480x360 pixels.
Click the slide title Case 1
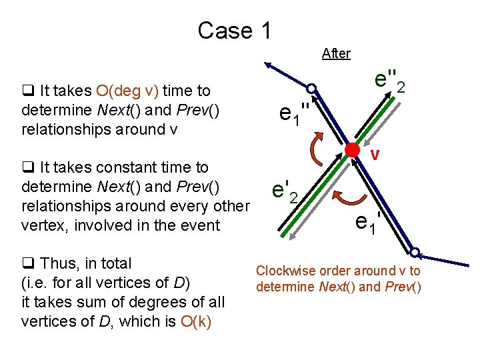click(235, 31)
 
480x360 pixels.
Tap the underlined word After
click(336, 53)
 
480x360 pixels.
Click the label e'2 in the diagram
click(289, 192)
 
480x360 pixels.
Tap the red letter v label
click(375, 155)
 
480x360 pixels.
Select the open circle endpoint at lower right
click(415, 253)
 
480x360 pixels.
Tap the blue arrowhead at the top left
click(269, 65)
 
